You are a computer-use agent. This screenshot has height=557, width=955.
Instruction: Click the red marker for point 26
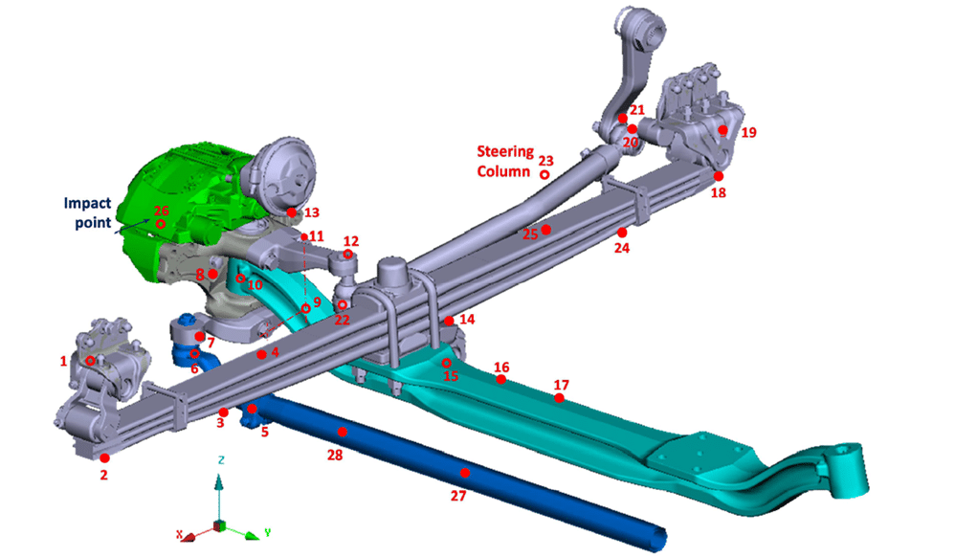pos(161,224)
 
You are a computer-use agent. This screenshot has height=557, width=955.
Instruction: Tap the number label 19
pos(748,133)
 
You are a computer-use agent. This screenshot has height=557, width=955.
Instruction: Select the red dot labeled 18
pos(718,176)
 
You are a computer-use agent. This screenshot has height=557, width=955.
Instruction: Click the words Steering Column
pos(504,161)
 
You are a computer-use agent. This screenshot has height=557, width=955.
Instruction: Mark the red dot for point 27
pos(465,473)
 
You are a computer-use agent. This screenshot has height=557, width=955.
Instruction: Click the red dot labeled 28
pos(343,433)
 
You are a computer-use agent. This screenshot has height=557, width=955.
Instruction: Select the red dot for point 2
pos(104,458)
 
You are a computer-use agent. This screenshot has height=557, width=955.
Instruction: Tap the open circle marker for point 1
pos(90,361)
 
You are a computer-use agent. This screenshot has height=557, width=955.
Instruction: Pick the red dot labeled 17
pos(560,398)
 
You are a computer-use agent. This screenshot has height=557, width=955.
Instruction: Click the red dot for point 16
pos(500,380)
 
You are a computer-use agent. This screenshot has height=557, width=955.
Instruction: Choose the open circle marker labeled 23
pos(544,174)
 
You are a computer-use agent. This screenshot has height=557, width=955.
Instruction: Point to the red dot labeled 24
pos(622,233)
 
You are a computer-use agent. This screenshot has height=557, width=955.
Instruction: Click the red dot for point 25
pos(546,230)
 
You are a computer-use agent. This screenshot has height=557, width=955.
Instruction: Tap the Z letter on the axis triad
pos(221,460)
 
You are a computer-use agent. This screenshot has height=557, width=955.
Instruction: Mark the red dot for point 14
pos(449,320)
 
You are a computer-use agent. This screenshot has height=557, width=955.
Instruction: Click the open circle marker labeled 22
pos(342,305)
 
